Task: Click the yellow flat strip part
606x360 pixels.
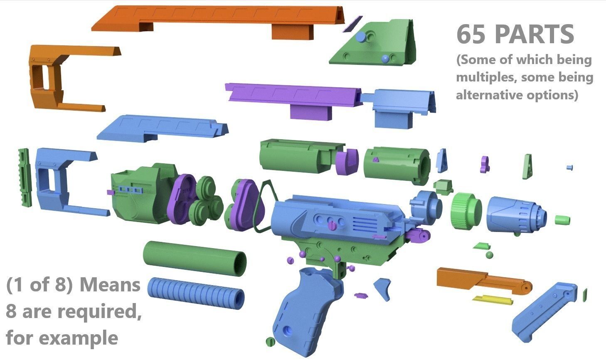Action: [493, 300]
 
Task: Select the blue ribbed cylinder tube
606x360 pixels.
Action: [196, 293]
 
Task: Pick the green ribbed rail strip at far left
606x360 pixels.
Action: [25, 178]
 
